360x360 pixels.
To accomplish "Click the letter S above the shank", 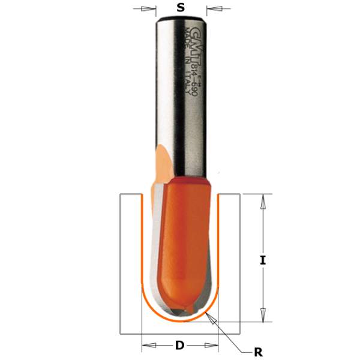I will point(181,8).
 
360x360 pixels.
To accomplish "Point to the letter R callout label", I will point(258,353).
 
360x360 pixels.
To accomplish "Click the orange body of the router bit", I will point(186,240).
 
